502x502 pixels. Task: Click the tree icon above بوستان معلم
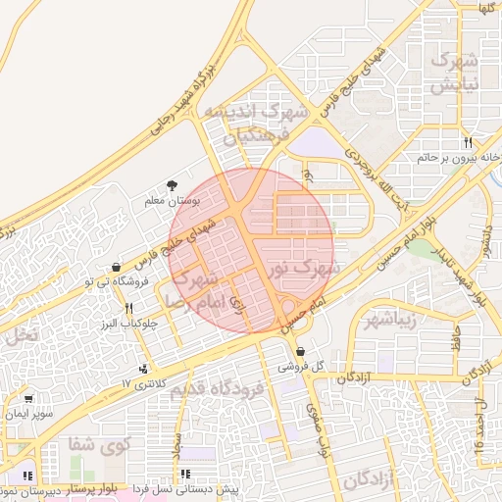pos(174,184)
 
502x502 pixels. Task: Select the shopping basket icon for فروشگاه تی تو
pos(117,267)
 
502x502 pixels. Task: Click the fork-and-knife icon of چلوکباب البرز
pos(128,309)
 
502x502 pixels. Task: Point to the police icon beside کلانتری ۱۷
pos(145,370)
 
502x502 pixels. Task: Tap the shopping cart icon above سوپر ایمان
pos(28,399)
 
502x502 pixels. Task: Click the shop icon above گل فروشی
pos(300,352)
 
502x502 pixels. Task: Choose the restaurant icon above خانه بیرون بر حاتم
pos(469,142)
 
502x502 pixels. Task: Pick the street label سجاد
pos(177,447)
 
